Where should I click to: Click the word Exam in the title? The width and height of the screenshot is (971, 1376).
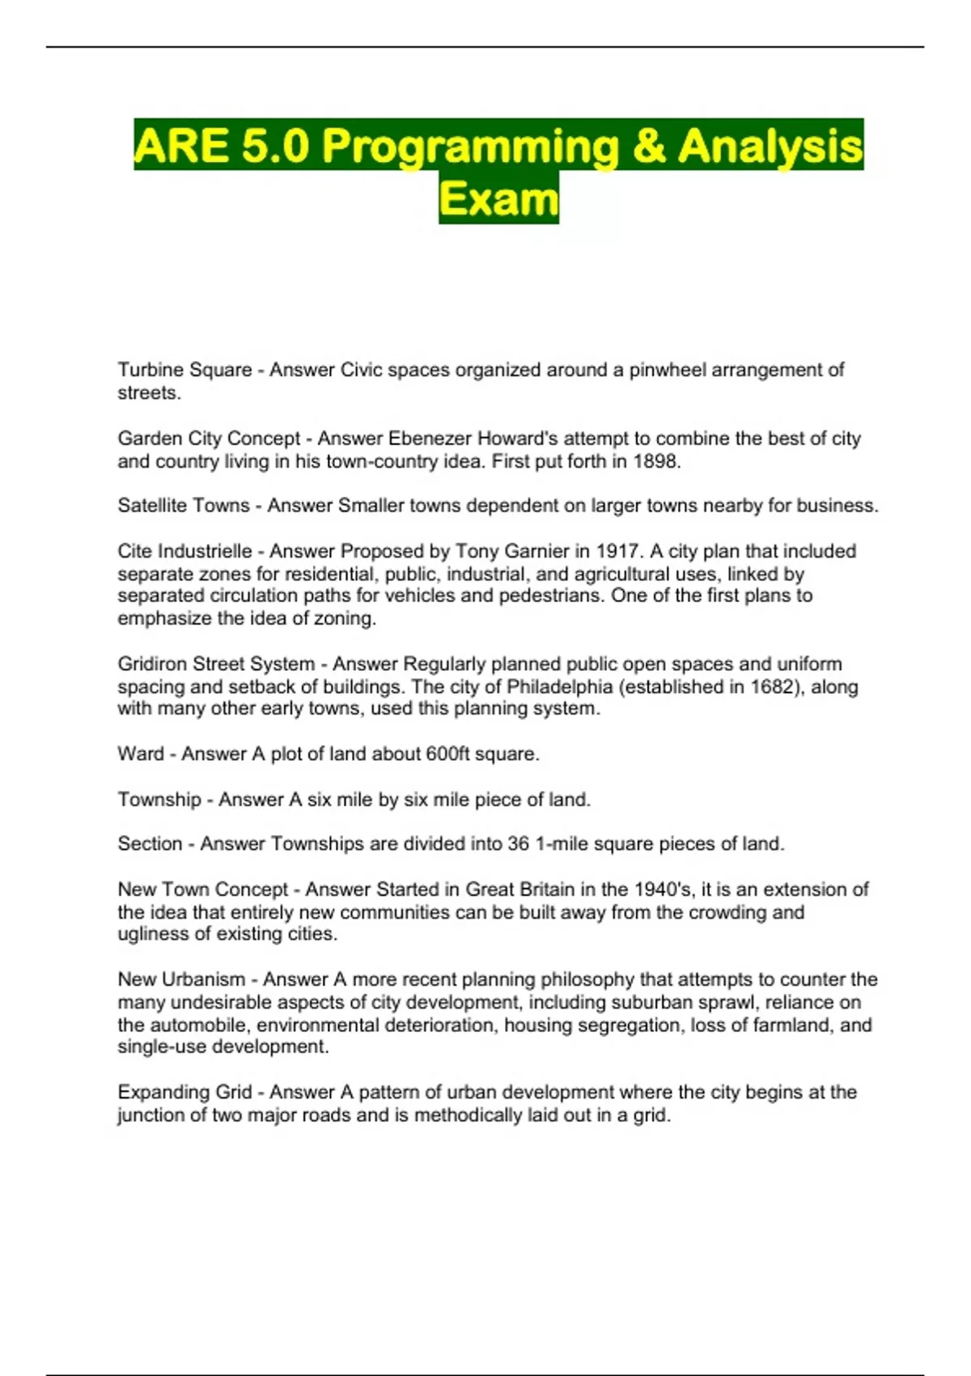[x=498, y=199]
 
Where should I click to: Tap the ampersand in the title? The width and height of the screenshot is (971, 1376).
[x=649, y=147]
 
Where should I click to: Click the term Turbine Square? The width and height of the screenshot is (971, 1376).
[x=184, y=370]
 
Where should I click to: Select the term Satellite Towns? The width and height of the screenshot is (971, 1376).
[x=184, y=506]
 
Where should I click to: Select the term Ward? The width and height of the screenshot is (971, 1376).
[x=141, y=754]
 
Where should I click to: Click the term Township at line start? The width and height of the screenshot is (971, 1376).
[x=159, y=800]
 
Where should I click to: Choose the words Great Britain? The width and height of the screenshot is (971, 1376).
[x=518, y=890]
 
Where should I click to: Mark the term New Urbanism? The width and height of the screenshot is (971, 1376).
[x=181, y=979]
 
